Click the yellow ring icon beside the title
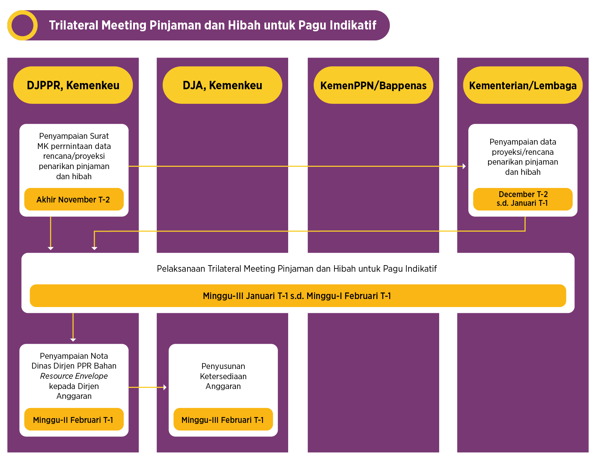[22, 25]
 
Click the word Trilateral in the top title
[74, 25]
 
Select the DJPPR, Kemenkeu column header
[73, 85]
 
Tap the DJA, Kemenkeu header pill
[222, 85]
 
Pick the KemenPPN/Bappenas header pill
[373, 86]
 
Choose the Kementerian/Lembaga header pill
[522, 86]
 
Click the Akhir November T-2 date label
[73, 200]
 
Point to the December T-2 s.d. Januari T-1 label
[523, 199]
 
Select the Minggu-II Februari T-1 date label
[73, 420]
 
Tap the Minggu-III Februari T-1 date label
[223, 420]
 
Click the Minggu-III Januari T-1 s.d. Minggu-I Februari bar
[297, 296]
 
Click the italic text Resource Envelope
[74, 376]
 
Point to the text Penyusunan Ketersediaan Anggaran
[223, 376]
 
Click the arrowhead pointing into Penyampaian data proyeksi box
[464, 166]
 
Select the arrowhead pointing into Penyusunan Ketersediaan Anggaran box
[165, 387]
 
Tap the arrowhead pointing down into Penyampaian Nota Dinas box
[73, 339]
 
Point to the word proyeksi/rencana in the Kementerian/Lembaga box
[522, 152]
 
